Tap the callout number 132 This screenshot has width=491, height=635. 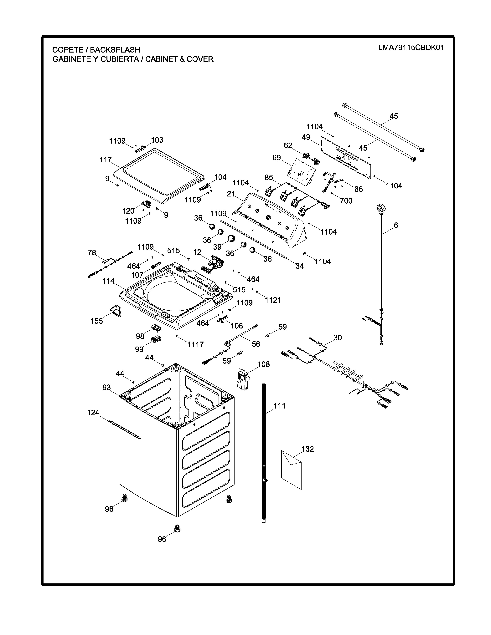coord(308,449)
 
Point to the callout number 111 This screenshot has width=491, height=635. coord(280,406)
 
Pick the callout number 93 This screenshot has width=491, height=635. coord(106,388)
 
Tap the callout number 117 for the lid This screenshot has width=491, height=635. coord(106,160)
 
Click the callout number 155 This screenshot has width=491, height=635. coord(97,321)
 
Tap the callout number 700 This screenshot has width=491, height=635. coord(346,201)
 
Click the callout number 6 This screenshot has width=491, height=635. coord(396,225)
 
